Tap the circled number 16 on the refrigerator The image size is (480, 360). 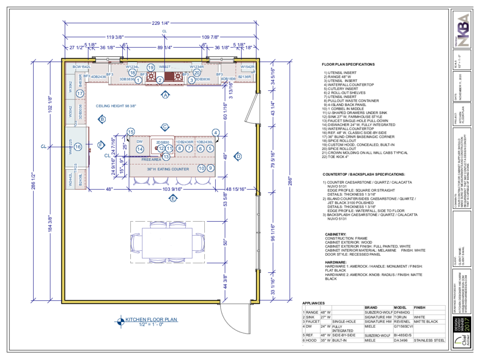(78, 147)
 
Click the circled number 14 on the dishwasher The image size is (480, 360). (139, 149)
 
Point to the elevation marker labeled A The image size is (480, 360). (165, 95)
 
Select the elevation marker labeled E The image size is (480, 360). (173, 199)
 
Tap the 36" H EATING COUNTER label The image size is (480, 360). (168, 169)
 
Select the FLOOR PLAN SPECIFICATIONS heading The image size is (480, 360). (348, 64)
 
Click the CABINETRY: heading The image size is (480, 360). (336, 233)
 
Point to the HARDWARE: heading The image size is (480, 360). (335, 262)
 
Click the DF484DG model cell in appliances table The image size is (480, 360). (401, 312)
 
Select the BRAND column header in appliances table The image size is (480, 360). (371, 307)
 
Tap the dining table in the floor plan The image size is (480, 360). (168, 241)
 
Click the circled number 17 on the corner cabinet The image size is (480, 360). (80, 94)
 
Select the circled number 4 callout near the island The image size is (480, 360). (216, 132)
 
